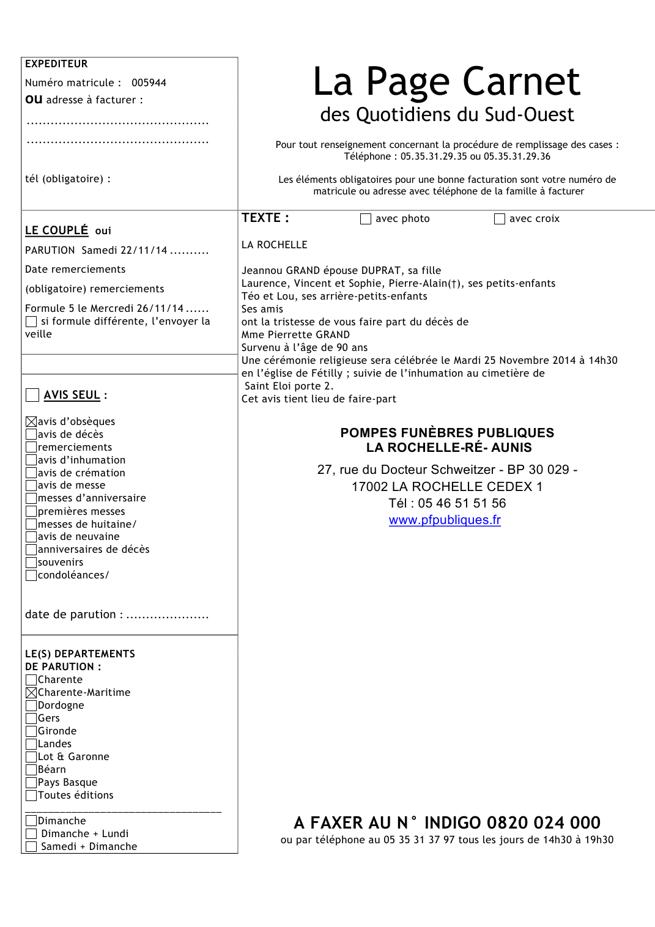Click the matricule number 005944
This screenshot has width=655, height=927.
pos(149,83)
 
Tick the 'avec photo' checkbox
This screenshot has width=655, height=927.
pos(366,219)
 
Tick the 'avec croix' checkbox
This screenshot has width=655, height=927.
pos(500,219)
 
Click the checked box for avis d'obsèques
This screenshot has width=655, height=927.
pos(31,421)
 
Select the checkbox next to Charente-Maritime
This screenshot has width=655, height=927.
pos(31,692)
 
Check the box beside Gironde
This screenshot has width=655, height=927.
pos(31,731)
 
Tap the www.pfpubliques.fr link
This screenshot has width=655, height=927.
pos(445,520)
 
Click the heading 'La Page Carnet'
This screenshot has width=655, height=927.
pos(446,81)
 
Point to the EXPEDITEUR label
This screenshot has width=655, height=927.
pos(56,64)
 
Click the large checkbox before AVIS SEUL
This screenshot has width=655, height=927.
pos(32,395)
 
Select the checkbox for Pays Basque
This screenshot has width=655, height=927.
pos(31,782)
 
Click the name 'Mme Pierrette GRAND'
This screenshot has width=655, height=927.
pos(295,334)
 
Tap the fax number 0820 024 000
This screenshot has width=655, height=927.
pos(544,822)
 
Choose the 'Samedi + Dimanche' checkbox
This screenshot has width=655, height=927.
pos(31,846)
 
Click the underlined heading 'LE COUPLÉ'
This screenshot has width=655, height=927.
pos(56,231)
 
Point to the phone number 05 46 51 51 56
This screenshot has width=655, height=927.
pos(462,503)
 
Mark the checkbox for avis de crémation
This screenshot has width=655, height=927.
pos(31,473)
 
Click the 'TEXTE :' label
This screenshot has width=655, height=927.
pos(265,218)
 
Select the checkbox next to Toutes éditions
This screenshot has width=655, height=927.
pos(31,795)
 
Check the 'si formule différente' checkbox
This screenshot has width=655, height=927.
pos(31,322)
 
